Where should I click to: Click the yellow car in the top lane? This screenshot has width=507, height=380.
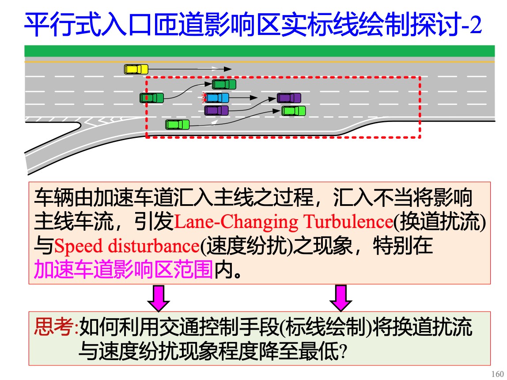[136, 69]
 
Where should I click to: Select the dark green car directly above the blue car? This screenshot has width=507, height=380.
[224, 84]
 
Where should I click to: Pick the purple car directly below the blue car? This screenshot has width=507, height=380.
[216, 110]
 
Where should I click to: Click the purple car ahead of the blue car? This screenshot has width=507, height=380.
[289, 98]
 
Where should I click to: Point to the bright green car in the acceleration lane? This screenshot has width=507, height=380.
[178, 125]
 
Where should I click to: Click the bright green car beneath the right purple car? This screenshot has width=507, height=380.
[294, 110]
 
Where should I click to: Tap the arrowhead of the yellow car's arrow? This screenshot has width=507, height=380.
[227, 69]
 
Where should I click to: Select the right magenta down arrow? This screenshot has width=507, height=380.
[341, 298]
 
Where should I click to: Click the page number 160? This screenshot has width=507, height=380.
[497, 374]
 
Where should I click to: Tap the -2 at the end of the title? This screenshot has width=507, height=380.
[470, 27]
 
